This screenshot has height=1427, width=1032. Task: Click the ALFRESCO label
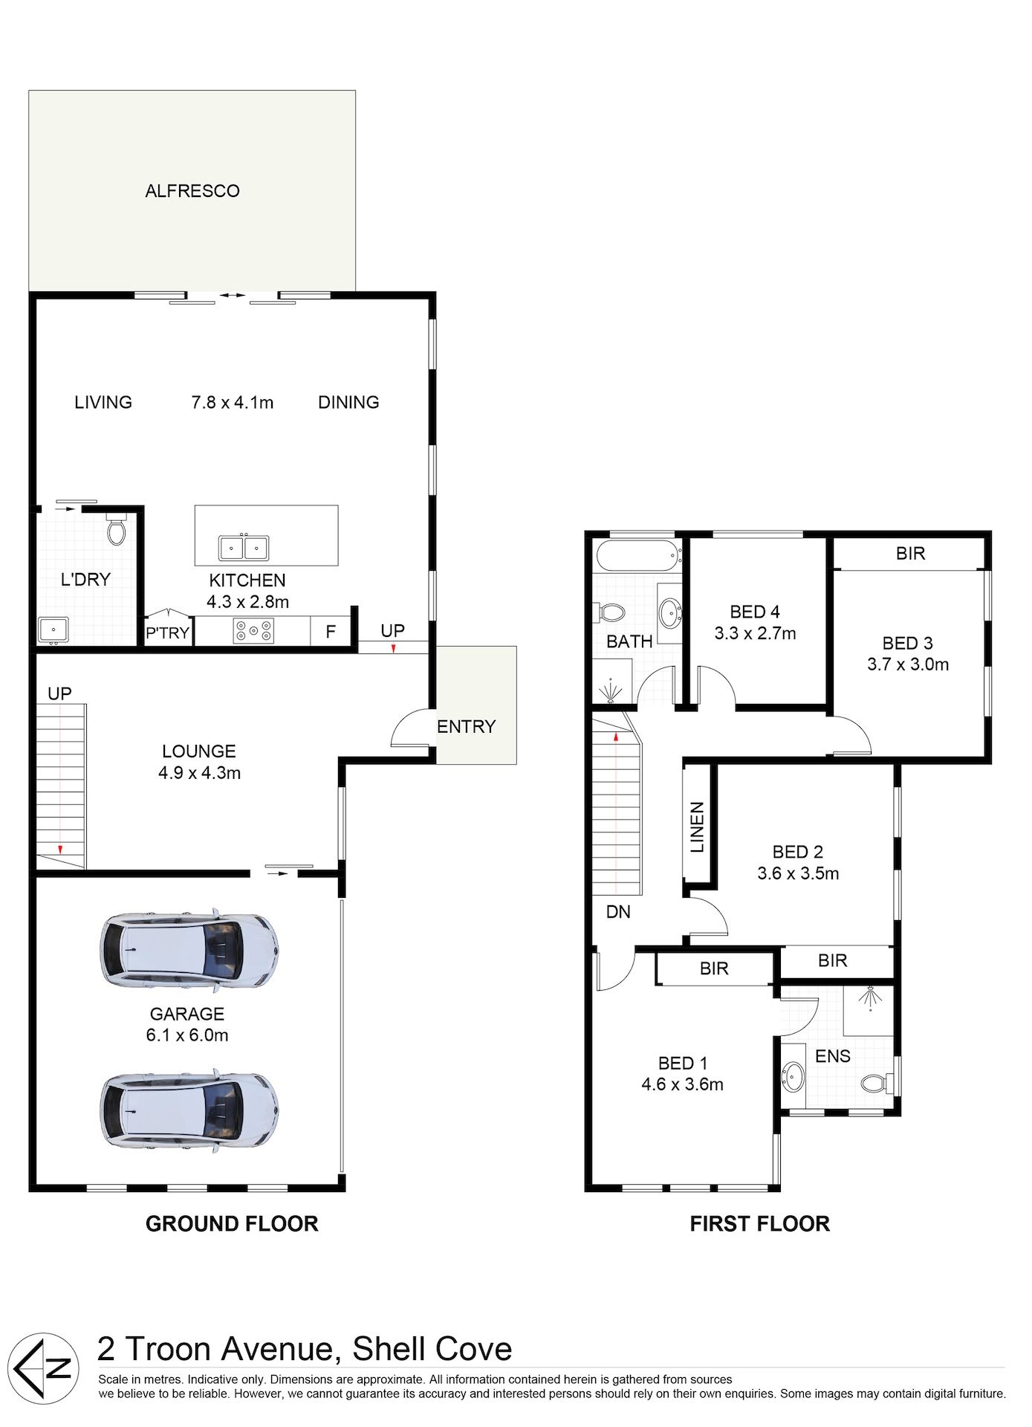coord(192,191)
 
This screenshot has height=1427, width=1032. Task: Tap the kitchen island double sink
coord(244,548)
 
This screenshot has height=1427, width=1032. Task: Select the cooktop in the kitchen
coord(254,631)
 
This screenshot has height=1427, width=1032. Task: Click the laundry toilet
coord(117,528)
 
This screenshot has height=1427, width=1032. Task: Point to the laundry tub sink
coord(53,630)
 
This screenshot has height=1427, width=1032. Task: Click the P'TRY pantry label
coord(168,633)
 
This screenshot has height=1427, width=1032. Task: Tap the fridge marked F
coord(331,632)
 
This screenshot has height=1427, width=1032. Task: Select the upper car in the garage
coord(190,950)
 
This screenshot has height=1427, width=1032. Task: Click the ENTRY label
coord(466,726)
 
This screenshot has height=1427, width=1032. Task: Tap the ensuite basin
coord(794,1076)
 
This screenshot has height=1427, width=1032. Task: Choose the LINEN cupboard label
coord(697,827)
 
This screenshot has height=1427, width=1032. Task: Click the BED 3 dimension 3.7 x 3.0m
coord(908,664)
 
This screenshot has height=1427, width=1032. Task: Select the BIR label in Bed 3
coord(910,553)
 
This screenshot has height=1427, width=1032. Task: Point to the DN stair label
coord(618,911)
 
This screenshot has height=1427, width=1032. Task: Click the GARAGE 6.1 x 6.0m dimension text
coord(187,1035)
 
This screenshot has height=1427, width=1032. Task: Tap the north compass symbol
coord(47,1368)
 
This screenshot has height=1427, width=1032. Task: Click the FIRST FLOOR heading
coord(759,1224)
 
